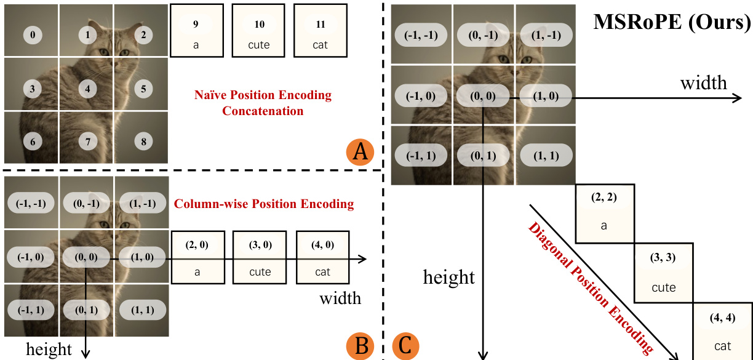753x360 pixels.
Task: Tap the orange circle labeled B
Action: tap(361, 346)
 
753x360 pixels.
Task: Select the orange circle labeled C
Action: tap(405, 346)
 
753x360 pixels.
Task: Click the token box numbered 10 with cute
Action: tap(258, 31)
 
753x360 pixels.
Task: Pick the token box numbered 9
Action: tap(196, 31)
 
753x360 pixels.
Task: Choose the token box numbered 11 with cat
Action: tap(319, 31)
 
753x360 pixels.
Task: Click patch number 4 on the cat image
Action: tap(88, 89)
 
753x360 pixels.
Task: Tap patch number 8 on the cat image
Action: tap(143, 142)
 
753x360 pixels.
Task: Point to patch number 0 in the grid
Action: tap(33, 35)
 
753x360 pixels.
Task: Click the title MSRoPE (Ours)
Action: tap(672, 23)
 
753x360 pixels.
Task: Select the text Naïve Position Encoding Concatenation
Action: tap(263, 103)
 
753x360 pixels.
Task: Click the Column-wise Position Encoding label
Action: tap(264, 204)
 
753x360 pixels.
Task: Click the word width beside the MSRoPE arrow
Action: tap(703, 82)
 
